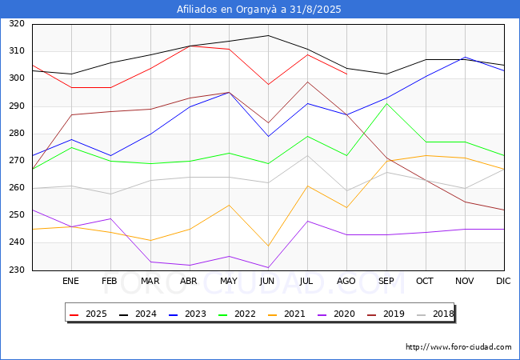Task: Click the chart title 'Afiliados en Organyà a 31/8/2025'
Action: tap(258, 10)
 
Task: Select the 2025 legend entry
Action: tap(88, 314)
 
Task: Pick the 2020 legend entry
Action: tap(336, 314)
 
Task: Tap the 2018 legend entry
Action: tap(435, 314)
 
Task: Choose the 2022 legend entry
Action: tap(237, 314)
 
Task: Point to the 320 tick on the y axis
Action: tap(17, 23)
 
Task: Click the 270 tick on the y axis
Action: tap(17, 161)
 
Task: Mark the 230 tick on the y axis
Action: tap(17, 270)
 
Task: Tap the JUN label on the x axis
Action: tap(267, 281)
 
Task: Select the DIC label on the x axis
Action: tap(503, 281)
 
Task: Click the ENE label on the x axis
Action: tap(70, 281)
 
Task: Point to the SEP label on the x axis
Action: tap(386, 281)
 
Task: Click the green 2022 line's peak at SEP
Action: tap(386, 104)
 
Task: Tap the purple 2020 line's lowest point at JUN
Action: tap(268, 267)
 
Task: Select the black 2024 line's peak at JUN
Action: tap(268, 35)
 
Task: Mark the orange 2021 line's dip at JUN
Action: tap(268, 246)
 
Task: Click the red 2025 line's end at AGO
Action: tap(347, 74)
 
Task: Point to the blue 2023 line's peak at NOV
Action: tap(466, 58)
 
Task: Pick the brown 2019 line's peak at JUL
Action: tap(308, 82)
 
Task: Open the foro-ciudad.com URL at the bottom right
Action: tap(458, 347)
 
